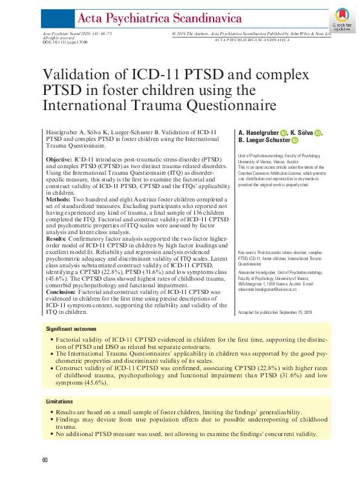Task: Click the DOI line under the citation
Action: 65,43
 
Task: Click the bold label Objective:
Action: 59,158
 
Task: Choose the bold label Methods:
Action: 58,198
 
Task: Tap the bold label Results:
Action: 57,239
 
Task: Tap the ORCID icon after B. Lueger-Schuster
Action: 296,141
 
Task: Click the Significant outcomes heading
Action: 71,328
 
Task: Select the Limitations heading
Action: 61,402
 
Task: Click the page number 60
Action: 45,461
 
